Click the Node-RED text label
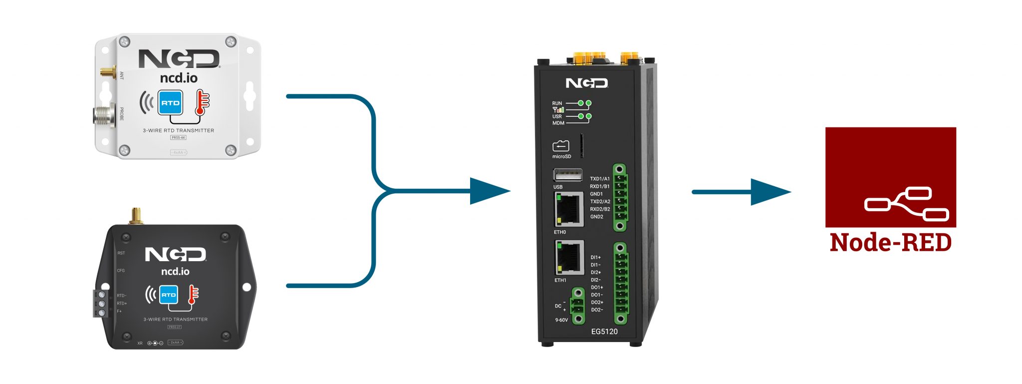coord(890,243)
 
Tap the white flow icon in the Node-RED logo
coord(906,203)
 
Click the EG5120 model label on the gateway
coord(604,332)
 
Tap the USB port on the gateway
coord(567,175)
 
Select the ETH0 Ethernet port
coord(569,209)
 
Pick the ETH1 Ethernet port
coord(569,258)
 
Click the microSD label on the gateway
coord(561,157)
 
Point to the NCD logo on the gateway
coord(586,83)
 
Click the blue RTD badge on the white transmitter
coord(170,103)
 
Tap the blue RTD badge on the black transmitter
coord(168,295)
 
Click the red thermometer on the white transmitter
coord(202,102)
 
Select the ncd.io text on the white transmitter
coord(179,78)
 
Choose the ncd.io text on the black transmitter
coord(175,271)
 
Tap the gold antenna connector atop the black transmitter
coord(135,216)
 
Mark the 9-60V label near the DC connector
coord(561,320)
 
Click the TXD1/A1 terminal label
coord(599,179)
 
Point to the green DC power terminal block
coord(577,306)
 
